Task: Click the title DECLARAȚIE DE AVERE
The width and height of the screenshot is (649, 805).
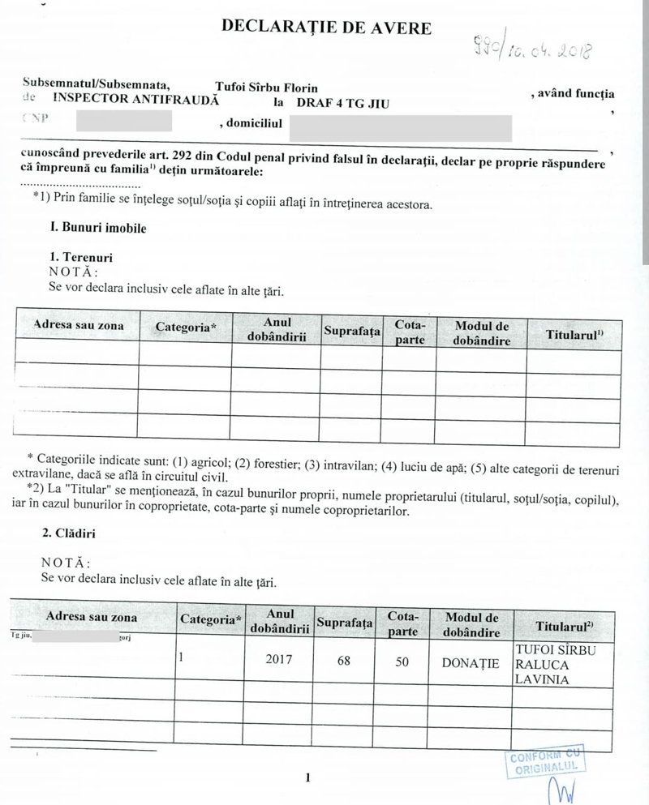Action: (x=326, y=27)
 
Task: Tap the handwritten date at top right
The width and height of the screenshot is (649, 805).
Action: (x=535, y=49)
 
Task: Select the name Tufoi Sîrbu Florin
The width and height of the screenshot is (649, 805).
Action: (x=266, y=88)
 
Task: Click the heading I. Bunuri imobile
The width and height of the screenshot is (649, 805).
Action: (x=98, y=228)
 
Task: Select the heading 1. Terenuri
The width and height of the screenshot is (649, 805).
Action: (x=81, y=257)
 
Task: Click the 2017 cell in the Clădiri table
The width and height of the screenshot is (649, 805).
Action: (x=278, y=662)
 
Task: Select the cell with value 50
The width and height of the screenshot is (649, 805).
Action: (x=402, y=662)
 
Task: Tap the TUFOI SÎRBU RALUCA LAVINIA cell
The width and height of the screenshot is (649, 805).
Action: (x=556, y=664)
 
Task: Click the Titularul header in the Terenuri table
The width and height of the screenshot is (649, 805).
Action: (x=574, y=333)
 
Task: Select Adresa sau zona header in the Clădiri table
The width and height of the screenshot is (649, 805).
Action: (x=92, y=617)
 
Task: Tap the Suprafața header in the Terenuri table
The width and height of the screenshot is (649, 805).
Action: (x=352, y=331)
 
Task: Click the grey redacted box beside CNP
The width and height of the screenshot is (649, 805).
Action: (x=123, y=122)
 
